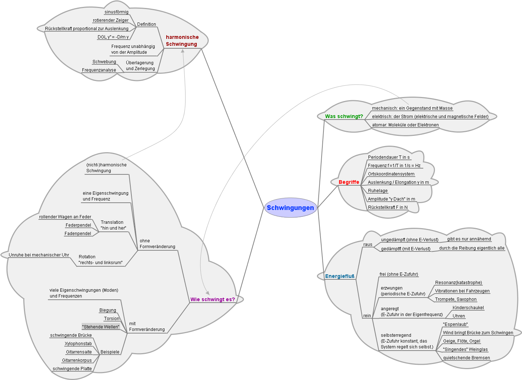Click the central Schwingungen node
(x=290, y=208)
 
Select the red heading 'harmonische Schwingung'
(x=182, y=40)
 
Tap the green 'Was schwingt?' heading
(x=344, y=116)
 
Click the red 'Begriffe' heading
(x=348, y=182)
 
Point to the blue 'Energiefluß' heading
(x=339, y=276)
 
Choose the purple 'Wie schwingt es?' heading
(x=212, y=299)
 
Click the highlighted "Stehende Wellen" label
(x=101, y=327)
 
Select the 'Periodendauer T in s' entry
(x=389, y=157)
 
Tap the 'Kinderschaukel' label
(x=468, y=308)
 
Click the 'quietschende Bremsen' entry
(x=466, y=358)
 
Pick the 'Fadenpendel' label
(x=78, y=234)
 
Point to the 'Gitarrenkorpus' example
(x=77, y=360)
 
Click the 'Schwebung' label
(x=104, y=62)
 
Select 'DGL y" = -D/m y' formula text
(x=113, y=37)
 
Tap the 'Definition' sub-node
(x=146, y=24)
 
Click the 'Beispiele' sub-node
(x=110, y=352)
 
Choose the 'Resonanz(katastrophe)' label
(x=458, y=283)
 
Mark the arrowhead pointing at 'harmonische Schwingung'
(x=183, y=51)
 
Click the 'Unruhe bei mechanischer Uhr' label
(x=39, y=255)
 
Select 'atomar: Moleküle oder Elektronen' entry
(x=405, y=125)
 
